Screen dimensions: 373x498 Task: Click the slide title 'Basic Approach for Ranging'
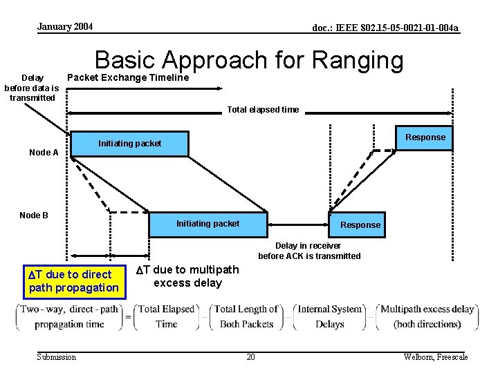click(248, 61)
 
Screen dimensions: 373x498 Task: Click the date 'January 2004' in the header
click(65, 27)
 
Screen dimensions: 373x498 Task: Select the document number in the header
click(385, 28)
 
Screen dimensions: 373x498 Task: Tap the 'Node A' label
click(44, 153)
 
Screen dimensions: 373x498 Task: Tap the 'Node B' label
click(34, 216)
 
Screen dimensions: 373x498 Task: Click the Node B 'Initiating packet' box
click(208, 224)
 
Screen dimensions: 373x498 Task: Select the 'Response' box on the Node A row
click(425, 137)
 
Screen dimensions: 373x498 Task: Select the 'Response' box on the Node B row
click(360, 224)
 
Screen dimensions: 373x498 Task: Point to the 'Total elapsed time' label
click(263, 110)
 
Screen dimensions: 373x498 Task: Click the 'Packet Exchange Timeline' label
click(127, 77)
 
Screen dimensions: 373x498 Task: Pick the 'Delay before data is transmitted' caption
click(32, 88)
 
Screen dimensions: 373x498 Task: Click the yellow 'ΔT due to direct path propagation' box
click(73, 281)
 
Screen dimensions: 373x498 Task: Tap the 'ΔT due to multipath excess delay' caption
click(187, 276)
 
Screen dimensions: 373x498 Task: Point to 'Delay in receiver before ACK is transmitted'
click(309, 251)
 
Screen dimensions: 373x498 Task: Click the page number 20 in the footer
click(250, 356)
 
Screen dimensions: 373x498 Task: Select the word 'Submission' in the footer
click(57, 356)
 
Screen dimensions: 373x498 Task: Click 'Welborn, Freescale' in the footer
click(436, 356)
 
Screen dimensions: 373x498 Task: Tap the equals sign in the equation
click(129, 317)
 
